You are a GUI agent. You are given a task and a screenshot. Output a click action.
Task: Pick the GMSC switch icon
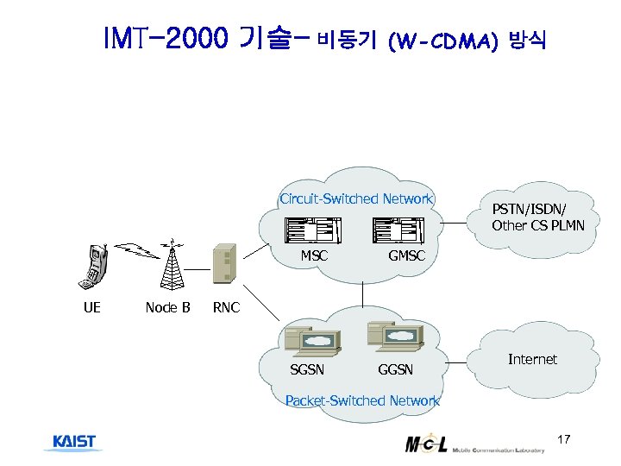tap(398, 230)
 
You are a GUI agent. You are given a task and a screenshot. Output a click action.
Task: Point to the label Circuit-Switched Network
tap(355, 199)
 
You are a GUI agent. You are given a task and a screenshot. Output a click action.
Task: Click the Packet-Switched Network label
tap(362, 400)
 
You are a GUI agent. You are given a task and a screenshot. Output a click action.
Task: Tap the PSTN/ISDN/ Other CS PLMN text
tap(537, 217)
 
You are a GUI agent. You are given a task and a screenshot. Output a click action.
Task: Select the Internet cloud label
tap(532, 359)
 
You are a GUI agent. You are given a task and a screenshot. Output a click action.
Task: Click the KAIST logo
tap(74, 443)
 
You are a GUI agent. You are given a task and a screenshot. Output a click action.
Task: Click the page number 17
tap(564, 441)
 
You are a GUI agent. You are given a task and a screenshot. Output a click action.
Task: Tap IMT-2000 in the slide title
tap(165, 38)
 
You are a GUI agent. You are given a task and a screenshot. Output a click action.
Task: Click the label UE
tap(91, 307)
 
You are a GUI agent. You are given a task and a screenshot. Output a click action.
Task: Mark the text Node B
tap(167, 307)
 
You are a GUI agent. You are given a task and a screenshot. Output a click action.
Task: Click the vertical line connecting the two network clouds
tap(363, 294)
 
